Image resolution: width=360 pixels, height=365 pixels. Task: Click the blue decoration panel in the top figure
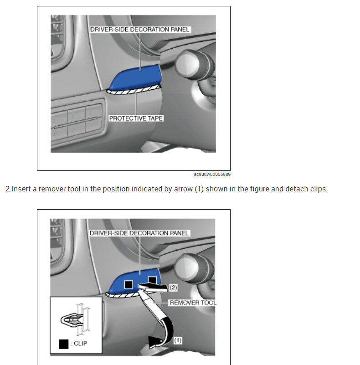tap(136, 77)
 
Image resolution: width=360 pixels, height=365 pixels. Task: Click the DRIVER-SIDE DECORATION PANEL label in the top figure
tap(140, 29)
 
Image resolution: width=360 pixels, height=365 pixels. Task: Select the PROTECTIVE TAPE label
tap(136, 118)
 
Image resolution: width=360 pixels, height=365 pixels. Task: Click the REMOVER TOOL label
tap(193, 303)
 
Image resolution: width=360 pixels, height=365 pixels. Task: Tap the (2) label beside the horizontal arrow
tap(173, 288)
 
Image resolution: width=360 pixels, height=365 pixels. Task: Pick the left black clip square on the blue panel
tap(129, 284)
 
